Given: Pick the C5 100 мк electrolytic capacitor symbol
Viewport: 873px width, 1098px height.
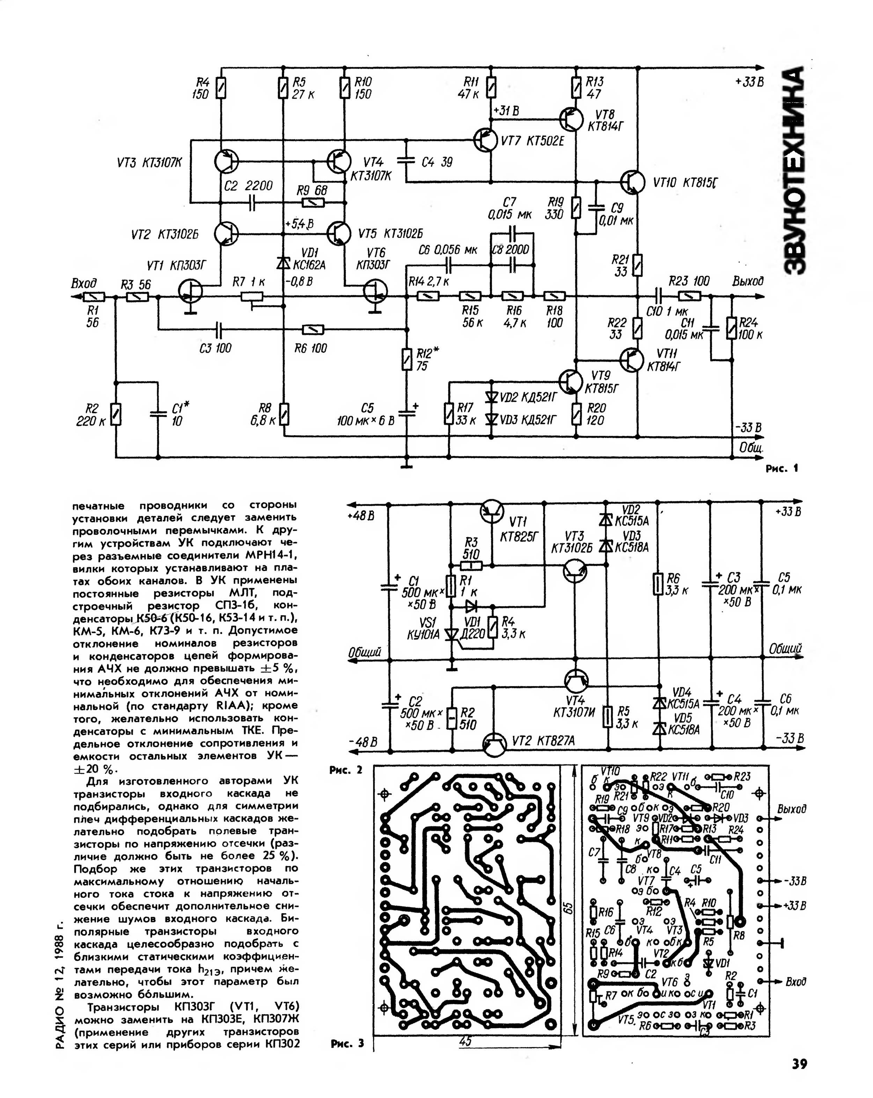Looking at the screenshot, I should pyautogui.click(x=406, y=412).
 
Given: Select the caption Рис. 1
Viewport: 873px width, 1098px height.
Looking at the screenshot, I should pyautogui.click(x=782, y=467).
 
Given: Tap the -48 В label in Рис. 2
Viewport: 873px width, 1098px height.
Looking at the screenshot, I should pyautogui.click(x=363, y=742).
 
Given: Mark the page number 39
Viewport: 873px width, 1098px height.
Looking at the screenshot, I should pyautogui.click(x=799, y=1064).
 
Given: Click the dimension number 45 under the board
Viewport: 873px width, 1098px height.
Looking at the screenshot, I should pyautogui.click(x=465, y=1041).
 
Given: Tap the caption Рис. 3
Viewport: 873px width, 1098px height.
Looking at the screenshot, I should pyautogui.click(x=347, y=1044).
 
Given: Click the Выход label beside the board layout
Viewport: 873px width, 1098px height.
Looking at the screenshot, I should pyautogui.click(x=792, y=809).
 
